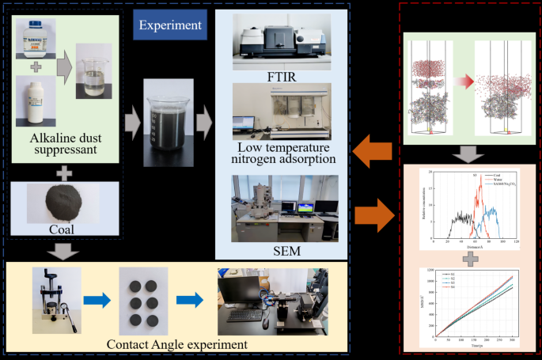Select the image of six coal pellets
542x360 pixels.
(x=143, y=300)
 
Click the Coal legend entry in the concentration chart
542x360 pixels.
(x=498, y=174)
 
